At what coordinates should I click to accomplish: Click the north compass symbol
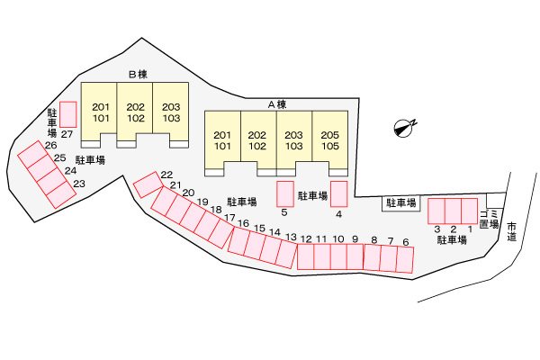404,128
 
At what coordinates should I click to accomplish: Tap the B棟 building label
138,75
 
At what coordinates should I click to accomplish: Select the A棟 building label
277,104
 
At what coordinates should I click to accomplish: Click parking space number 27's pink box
67,114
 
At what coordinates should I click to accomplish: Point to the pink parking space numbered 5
285,194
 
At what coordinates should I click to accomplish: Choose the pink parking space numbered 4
339,194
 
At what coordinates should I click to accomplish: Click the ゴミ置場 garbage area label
489,220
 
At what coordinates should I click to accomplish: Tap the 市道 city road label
512,232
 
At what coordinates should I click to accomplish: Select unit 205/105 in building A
330,139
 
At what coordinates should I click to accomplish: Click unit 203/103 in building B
171,112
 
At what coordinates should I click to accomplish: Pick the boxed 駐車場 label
401,203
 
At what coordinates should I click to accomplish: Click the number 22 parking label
166,175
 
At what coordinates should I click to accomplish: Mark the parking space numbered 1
470,211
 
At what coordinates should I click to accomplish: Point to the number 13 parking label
291,237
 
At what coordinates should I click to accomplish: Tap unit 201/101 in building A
222,139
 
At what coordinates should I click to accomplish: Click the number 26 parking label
50,145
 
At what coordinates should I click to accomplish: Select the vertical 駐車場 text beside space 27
51,123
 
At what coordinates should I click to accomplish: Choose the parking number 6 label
406,242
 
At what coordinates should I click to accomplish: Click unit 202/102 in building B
135,112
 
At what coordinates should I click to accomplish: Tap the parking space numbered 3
436,211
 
